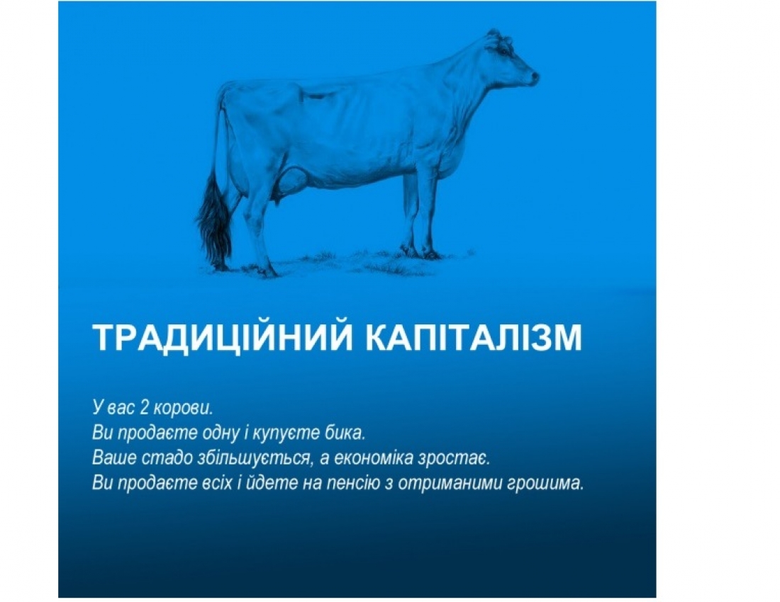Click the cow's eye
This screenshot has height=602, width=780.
[505, 50]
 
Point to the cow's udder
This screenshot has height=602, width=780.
[291, 183]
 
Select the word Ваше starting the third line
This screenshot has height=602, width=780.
[111, 458]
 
